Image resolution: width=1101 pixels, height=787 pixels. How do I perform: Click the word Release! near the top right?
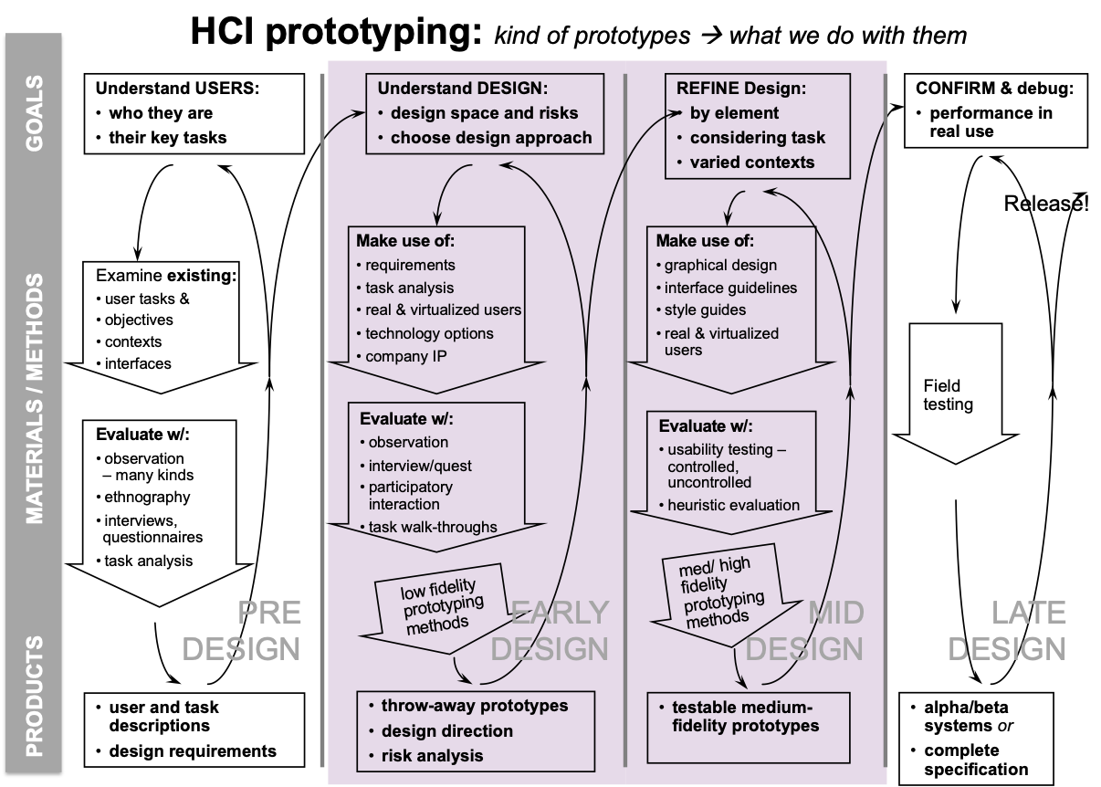tap(1045, 204)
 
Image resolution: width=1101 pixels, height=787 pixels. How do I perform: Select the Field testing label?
tap(948, 395)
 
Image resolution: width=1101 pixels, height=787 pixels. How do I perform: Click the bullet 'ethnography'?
tap(147, 498)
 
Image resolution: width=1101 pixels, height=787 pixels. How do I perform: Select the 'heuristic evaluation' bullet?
tap(733, 505)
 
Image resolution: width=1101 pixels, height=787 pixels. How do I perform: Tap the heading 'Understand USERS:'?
tap(178, 89)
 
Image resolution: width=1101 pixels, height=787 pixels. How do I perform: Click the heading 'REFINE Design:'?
tap(741, 89)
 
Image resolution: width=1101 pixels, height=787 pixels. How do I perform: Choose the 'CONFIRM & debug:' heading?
tap(994, 89)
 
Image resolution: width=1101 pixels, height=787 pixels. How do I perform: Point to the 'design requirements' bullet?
tap(193, 751)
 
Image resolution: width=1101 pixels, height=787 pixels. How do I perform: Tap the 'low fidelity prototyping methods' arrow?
tap(438, 608)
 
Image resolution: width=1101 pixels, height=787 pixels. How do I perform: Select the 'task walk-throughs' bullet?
tap(433, 527)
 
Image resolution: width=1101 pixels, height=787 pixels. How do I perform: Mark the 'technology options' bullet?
tap(429, 333)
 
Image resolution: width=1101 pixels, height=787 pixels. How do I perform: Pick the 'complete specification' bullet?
tap(975, 760)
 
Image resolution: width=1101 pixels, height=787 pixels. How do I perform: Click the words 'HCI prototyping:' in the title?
tap(336, 33)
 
